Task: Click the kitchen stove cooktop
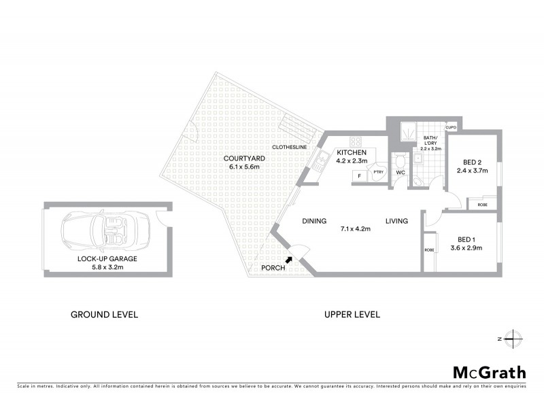tap(354, 141)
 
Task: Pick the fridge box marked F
tap(359, 175)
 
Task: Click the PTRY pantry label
tap(378, 173)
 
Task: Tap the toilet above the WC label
tap(401, 161)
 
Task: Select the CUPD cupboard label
tap(450, 127)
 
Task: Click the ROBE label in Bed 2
tap(483, 205)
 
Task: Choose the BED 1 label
tap(466, 239)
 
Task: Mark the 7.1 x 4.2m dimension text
tap(355, 229)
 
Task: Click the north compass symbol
tap(514, 338)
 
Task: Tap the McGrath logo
tap(489, 372)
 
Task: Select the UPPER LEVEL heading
tap(352, 314)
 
